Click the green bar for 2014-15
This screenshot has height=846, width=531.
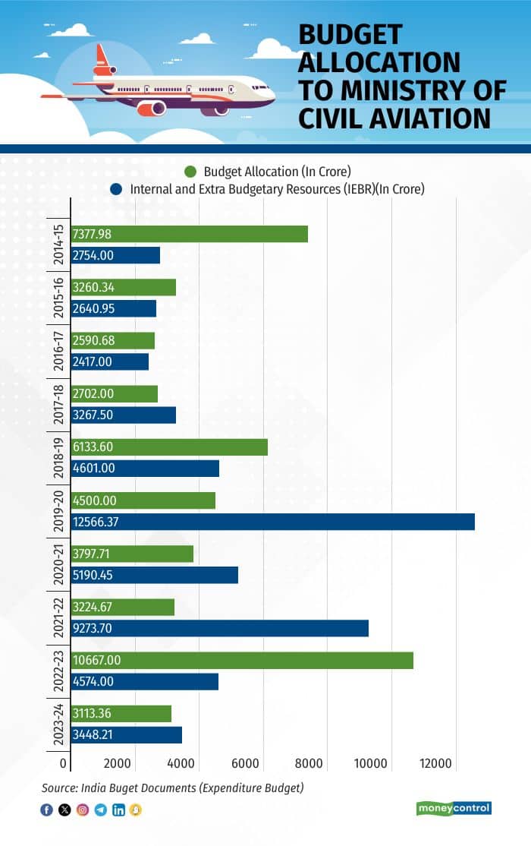190,234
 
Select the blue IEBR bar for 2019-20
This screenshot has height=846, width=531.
273,522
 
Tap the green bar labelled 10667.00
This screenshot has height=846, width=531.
243,660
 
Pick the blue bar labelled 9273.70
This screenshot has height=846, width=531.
220,628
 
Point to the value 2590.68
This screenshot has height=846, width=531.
93,340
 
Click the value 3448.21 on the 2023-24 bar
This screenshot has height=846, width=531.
93,734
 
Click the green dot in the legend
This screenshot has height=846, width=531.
190,172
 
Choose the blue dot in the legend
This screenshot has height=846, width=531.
116,189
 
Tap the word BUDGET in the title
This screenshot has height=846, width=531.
350,35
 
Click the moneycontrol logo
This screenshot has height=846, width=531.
454,808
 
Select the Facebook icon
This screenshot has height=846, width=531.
46,810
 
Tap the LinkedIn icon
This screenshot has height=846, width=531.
118,810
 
